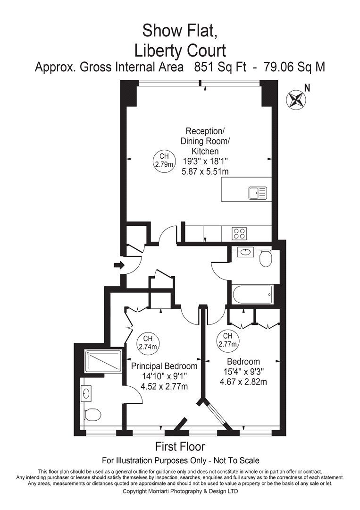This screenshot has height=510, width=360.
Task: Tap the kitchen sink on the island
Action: click(x=258, y=193)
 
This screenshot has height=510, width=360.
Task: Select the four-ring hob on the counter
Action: click(x=239, y=233)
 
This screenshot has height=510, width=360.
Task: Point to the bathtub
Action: click(x=251, y=295)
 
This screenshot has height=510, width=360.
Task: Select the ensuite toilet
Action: click(x=93, y=415)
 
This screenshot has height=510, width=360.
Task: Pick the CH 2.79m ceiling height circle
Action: click(x=163, y=161)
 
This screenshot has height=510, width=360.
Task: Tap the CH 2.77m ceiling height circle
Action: click(x=227, y=340)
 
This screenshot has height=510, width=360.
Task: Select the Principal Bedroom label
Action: click(x=164, y=366)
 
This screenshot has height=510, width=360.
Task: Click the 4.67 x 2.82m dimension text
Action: click(x=243, y=382)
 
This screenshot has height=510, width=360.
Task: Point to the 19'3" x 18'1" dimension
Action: click(x=201, y=161)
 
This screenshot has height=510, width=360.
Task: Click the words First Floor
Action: click(x=180, y=446)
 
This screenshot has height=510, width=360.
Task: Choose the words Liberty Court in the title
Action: click(x=180, y=50)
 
